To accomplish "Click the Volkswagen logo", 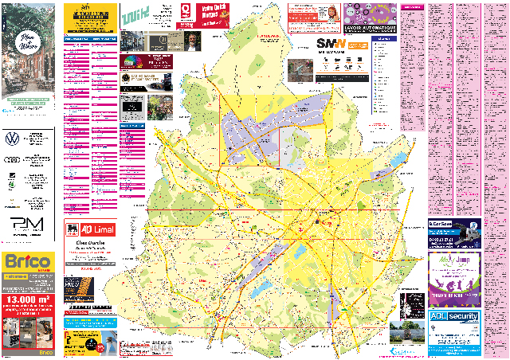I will tap(12, 139).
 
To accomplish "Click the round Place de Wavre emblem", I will tap(27, 45).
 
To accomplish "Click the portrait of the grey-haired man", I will tap(192, 41).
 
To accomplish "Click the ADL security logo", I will tap(454, 316).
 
